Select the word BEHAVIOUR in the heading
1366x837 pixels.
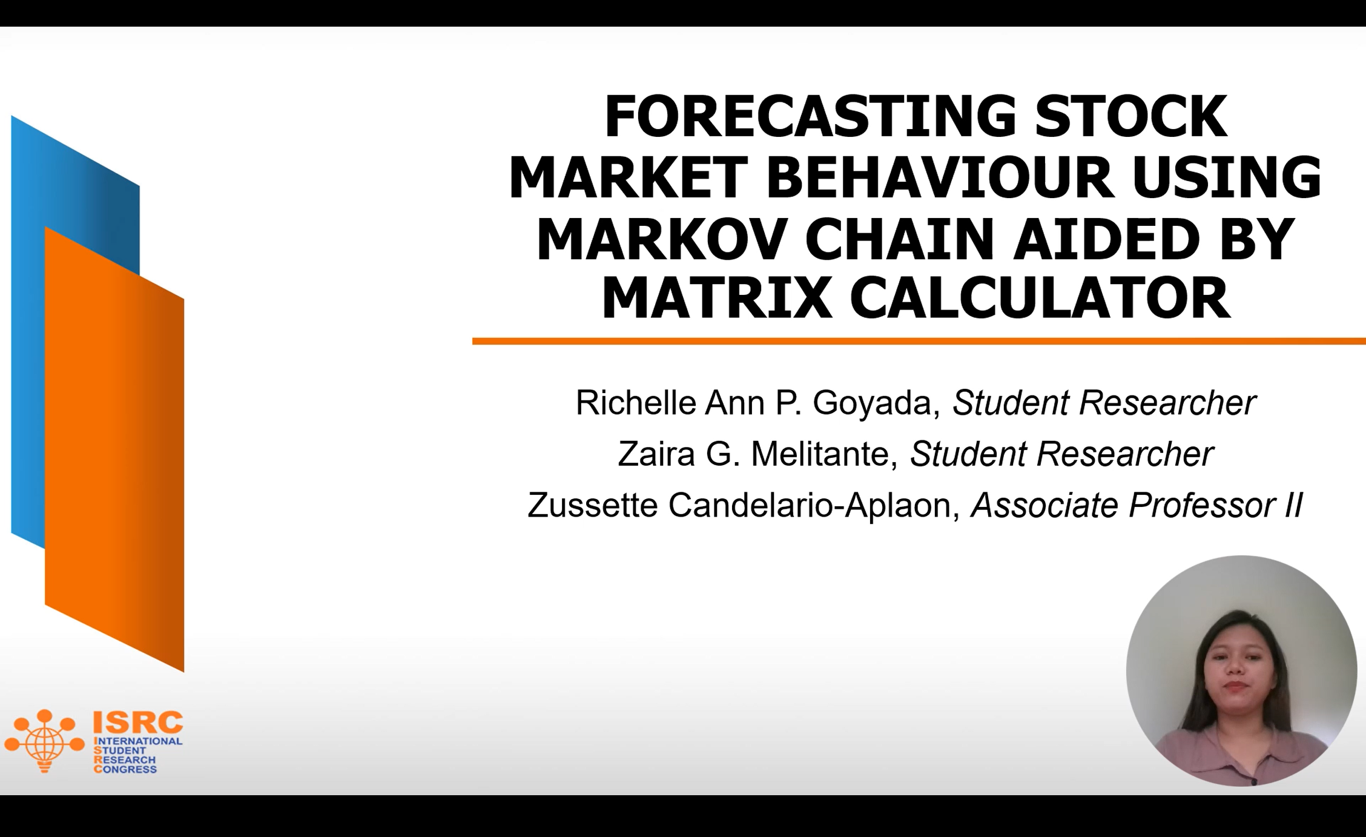click(939, 177)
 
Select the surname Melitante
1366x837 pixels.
click(824, 454)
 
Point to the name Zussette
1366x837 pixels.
click(592, 505)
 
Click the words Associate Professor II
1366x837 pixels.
click(1137, 505)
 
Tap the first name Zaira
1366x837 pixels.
click(656, 454)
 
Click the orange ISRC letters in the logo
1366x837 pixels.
click(137, 722)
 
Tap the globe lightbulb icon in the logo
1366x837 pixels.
click(44, 741)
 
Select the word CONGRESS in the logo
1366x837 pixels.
click(125, 769)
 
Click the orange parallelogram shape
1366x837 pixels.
click(114, 449)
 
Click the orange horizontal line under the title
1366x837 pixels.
click(919, 342)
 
